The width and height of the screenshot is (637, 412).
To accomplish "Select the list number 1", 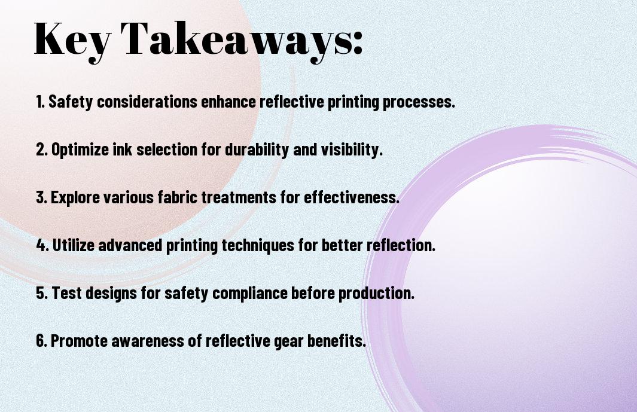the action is [40, 102].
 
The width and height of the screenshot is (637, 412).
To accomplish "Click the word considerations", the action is [147, 102].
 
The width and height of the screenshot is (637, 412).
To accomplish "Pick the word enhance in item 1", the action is [228, 102].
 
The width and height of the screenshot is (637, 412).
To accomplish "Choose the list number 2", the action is [41, 149].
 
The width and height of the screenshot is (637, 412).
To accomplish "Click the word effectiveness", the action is [352, 197].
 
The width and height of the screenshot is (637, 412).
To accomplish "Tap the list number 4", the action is [42, 245].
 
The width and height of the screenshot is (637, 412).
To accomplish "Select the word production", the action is [376, 294].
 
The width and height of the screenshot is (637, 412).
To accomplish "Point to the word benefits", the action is [336, 340].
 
